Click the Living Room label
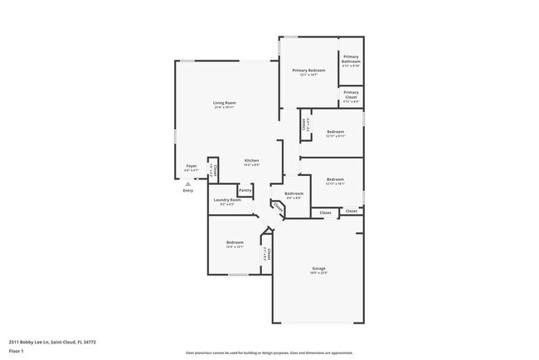click(225, 103)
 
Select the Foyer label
click(192, 167)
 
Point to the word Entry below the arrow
click(188, 191)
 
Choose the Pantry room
click(245, 190)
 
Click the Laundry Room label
click(226, 200)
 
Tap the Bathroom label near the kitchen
click(294, 194)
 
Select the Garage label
click(318, 269)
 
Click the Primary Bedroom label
click(308, 71)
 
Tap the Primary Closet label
click(351, 94)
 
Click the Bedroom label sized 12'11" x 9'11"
click(335, 133)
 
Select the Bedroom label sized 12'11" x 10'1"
click(335, 180)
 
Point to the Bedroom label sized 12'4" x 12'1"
click(235, 243)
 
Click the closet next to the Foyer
click(212, 169)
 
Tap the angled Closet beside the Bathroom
click(277, 209)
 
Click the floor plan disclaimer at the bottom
click(269, 351)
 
